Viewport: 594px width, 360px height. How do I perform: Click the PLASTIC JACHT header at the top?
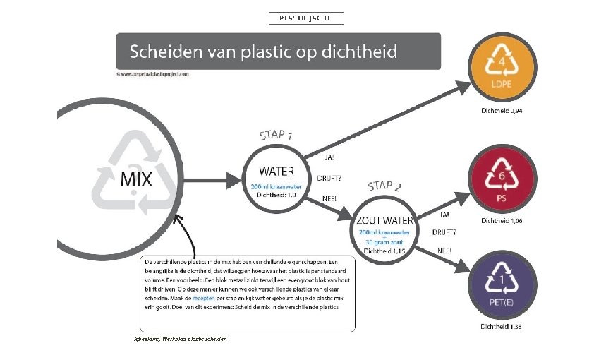click(305, 18)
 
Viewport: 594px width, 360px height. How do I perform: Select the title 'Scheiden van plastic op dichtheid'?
click(263, 52)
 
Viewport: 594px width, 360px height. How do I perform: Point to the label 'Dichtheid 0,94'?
click(502, 111)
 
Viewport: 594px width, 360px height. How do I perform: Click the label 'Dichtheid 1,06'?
click(502, 221)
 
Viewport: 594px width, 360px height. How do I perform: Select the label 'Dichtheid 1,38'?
click(502, 327)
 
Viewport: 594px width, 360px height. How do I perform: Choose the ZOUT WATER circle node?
click(384, 230)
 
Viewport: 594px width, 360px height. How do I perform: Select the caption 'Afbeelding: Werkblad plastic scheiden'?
click(180, 340)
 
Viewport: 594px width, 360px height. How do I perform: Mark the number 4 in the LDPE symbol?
click(502, 62)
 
